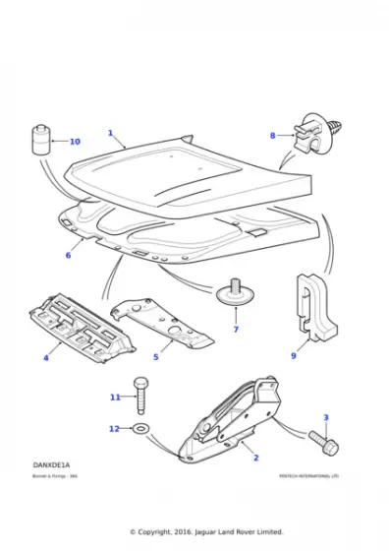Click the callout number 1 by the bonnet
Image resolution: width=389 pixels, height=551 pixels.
coord(110,133)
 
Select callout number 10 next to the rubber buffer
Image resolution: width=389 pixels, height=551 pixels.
coord(75,142)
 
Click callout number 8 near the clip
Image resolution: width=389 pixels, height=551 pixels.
coord(273,135)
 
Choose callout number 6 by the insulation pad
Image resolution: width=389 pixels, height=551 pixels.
coord(68,255)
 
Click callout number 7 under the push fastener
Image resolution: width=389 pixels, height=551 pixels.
coord(236,329)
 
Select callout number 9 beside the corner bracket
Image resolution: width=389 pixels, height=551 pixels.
coord(293,355)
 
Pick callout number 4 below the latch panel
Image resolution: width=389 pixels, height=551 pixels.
coord(45,358)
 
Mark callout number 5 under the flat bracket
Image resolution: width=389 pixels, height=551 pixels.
coord(154,356)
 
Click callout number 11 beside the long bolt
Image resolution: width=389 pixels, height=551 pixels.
coord(115,397)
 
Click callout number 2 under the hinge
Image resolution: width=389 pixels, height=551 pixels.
coord(256,459)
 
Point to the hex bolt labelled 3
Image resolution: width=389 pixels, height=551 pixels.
coord(323,443)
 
